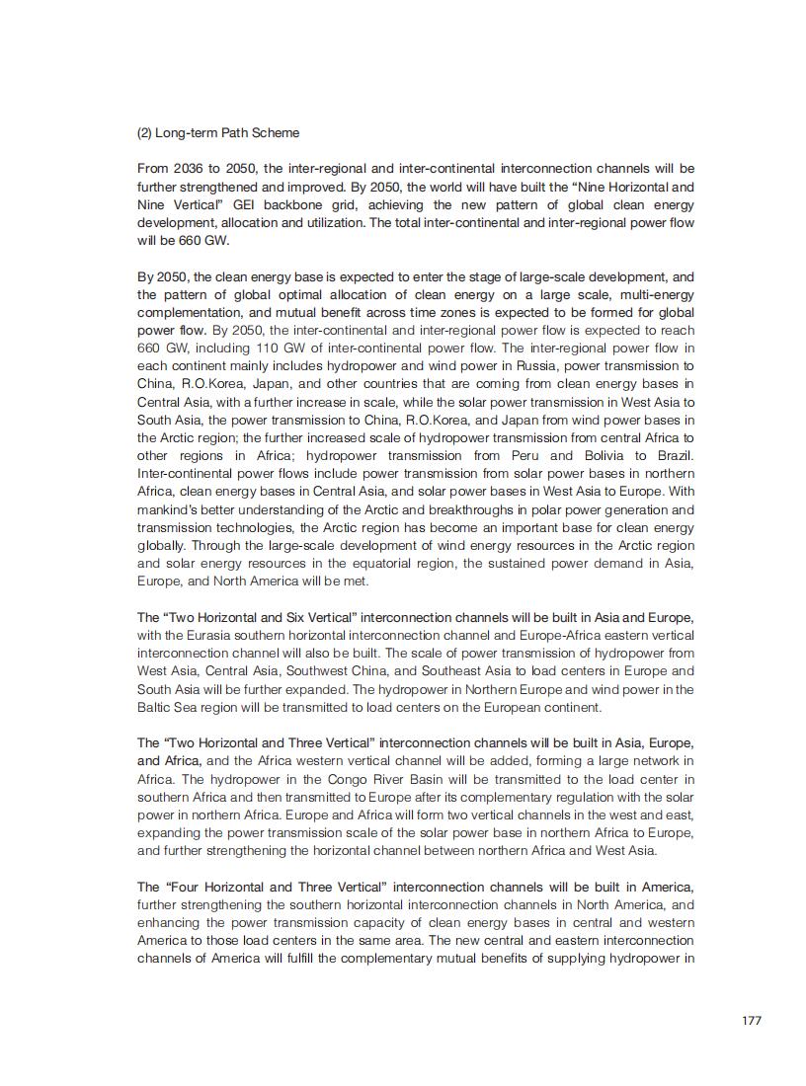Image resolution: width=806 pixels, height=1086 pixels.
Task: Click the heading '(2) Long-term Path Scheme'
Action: (217, 132)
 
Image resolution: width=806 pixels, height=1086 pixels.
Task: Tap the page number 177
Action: (752, 1020)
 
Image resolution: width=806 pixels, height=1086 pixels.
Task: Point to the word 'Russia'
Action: (536, 366)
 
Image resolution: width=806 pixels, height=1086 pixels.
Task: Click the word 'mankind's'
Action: (171, 509)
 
